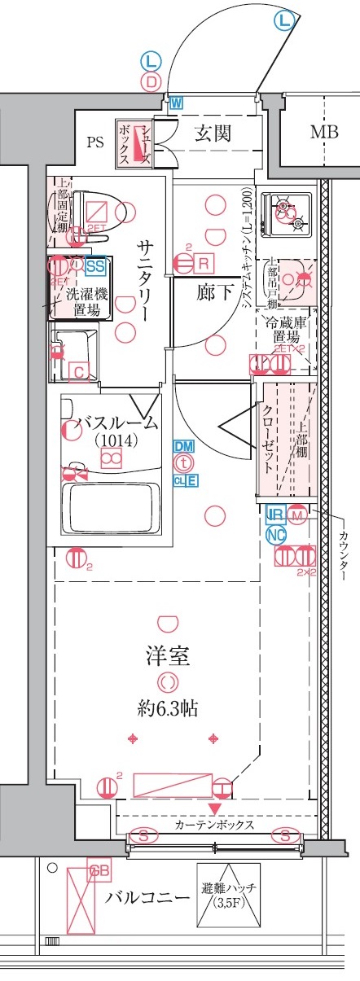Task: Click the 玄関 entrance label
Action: pyautogui.click(x=212, y=134)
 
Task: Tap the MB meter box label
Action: pyautogui.click(x=323, y=133)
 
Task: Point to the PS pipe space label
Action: pyautogui.click(x=96, y=143)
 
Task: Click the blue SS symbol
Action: pyautogui.click(x=96, y=265)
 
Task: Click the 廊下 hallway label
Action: pyautogui.click(x=213, y=293)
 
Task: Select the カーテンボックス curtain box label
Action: pyautogui.click(x=213, y=824)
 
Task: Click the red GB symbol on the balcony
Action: pyautogui.click(x=99, y=872)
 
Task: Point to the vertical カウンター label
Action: pyautogui.click(x=342, y=550)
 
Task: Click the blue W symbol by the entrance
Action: pyautogui.click(x=176, y=103)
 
